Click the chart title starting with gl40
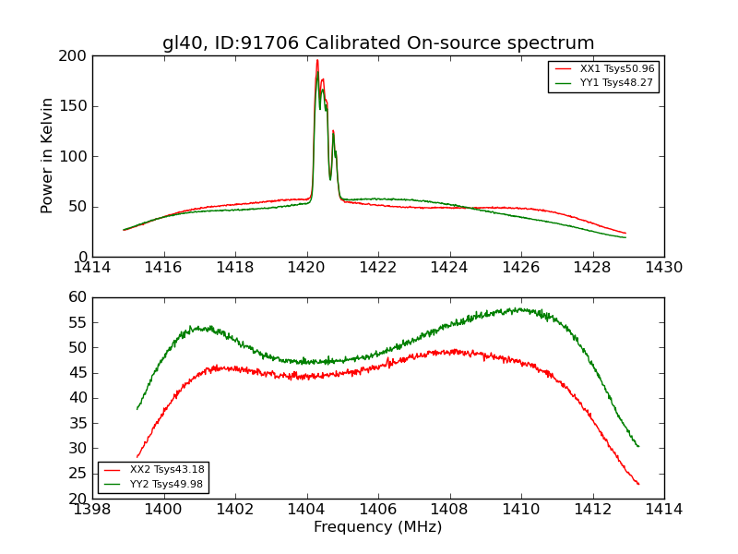coord(378,43)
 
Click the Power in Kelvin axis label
coord(47,156)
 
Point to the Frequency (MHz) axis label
coord(378,527)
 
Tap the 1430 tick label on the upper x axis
coord(663,268)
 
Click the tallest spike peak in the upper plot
coord(317,61)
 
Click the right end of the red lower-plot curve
coord(638,484)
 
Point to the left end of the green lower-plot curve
coord(137,408)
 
